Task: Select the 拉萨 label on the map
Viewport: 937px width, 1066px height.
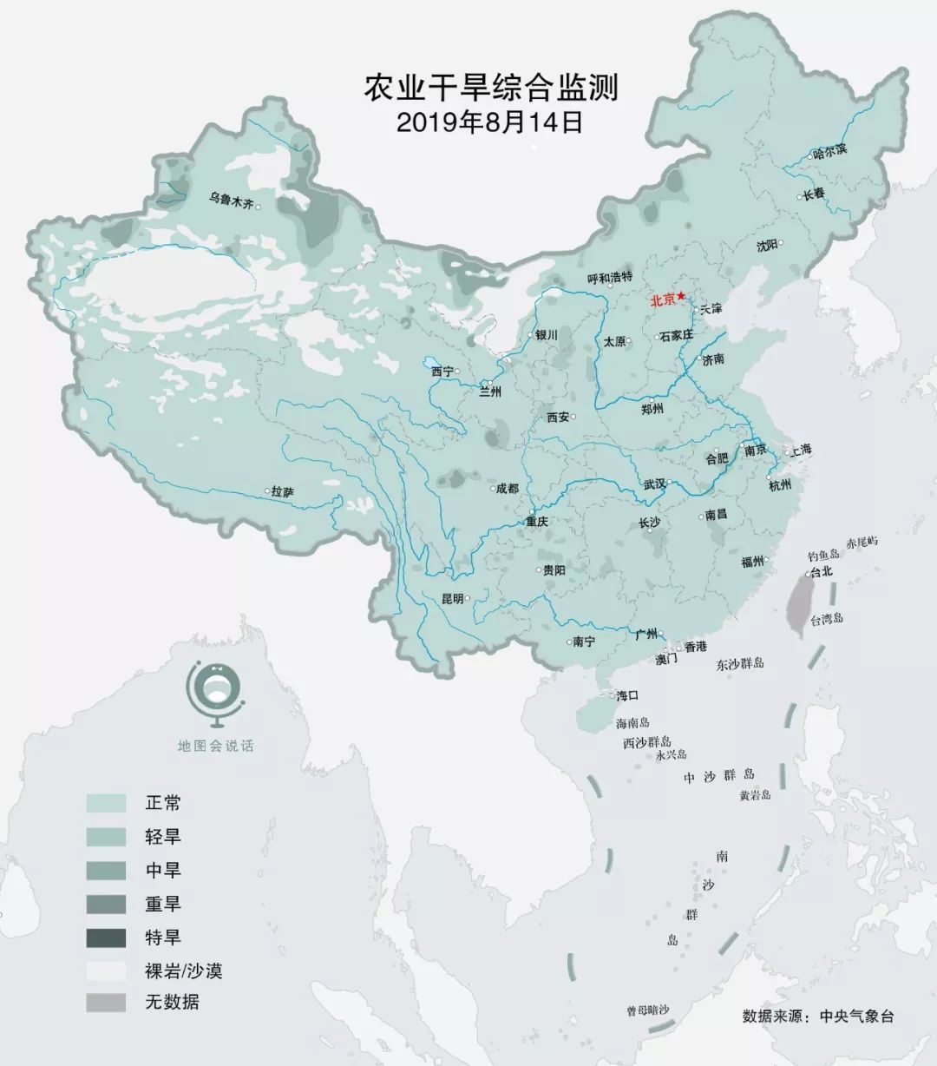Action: tap(283, 492)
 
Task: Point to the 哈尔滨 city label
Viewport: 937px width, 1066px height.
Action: tap(829, 151)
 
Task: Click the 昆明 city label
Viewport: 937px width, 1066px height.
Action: tap(453, 598)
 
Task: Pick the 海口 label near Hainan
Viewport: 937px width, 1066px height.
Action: tap(627, 695)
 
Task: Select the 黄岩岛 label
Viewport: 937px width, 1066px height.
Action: tap(755, 794)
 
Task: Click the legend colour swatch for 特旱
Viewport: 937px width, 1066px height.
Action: tap(106, 938)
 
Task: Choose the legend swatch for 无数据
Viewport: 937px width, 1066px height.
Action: tap(106, 1002)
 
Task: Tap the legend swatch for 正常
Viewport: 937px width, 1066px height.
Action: tap(106, 803)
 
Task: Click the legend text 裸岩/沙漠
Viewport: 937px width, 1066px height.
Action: tap(183, 970)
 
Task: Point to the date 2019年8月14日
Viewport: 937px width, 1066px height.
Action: tap(489, 122)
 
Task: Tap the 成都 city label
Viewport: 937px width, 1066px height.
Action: tap(507, 489)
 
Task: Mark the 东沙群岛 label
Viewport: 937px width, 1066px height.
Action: tap(740, 664)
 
